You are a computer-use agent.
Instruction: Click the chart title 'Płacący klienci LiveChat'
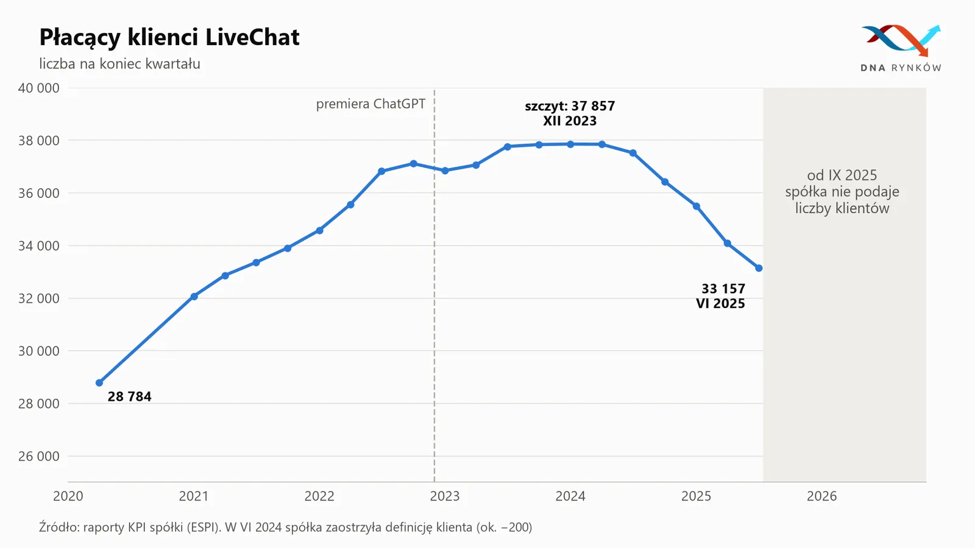(169, 37)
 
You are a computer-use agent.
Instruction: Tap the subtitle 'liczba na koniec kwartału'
(119, 64)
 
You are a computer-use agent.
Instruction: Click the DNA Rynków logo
(901, 48)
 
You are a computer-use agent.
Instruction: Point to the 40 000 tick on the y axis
(39, 88)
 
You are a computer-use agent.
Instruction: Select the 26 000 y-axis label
(39, 456)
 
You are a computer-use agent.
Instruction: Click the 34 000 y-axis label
(39, 246)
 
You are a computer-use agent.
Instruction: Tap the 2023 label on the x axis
(445, 496)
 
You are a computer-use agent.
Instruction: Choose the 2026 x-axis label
(822, 496)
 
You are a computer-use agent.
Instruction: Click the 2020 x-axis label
(68, 496)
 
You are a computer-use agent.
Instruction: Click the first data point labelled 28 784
(99, 383)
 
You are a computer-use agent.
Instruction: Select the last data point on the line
(759, 269)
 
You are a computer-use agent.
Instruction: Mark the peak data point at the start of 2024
(570, 144)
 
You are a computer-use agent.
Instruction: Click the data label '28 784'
(129, 396)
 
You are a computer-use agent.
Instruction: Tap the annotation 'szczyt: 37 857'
(570, 106)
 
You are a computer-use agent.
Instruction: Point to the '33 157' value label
(723, 289)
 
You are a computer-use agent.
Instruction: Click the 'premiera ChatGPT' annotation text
(370, 104)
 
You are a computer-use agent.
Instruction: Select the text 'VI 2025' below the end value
(720, 304)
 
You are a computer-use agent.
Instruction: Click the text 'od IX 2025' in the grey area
(842, 175)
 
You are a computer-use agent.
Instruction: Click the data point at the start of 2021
(194, 297)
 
